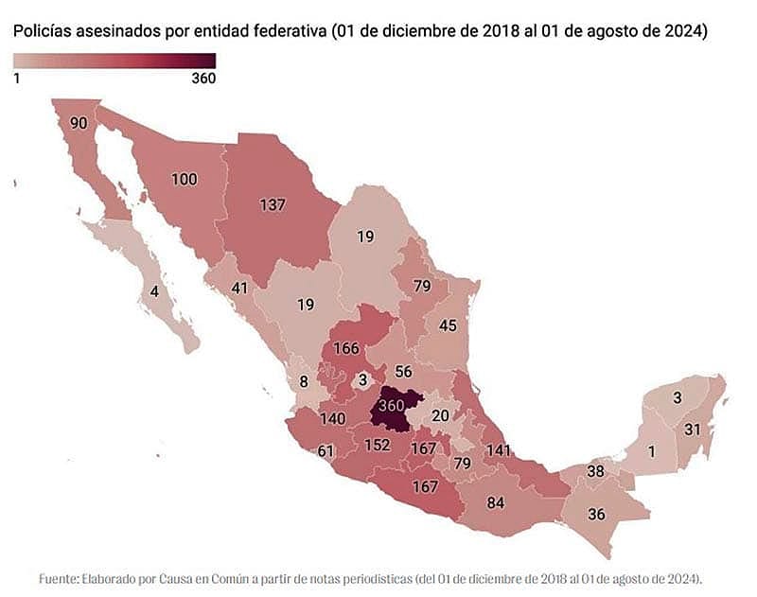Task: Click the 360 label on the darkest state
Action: pyautogui.click(x=391, y=405)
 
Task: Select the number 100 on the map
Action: pyautogui.click(x=185, y=179)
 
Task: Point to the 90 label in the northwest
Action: pyautogui.click(x=79, y=123)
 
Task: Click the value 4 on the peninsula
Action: pyautogui.click(x=154, y=290)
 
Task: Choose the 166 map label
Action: pyautogui.click(x=345, y=348)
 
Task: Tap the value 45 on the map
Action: pyautogui.click(x=448, y=325)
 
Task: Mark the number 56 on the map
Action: pyautogui.click(x=404, y=372)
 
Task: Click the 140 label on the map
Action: pyautogui.click(x=332, y=417)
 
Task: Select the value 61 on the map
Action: pyautogui.click(x=326, y=450)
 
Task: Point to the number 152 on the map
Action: pyautogui.click(x=376, y=445)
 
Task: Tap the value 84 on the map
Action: pyautogui.click(x=494, y=501)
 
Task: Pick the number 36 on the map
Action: pyautogui.click(x=596, y=515)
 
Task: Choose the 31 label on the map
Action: pyautogui.click(x=693, y=429)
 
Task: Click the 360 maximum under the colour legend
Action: pyautogui.click(x=203, y=79)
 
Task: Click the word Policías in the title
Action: pyautogui.click(x=42, y=31)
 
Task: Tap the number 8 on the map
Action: pyautogui.click(x=304, y=382)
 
